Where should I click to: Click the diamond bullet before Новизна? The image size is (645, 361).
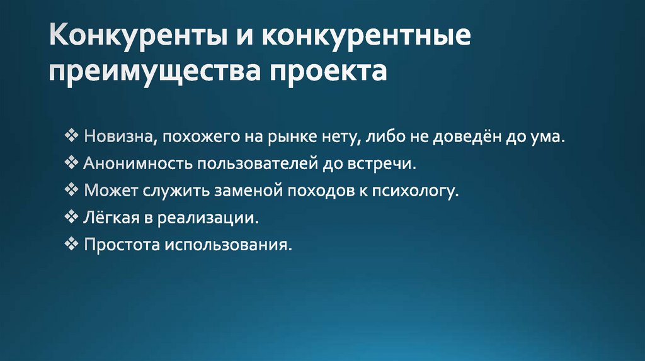[x=71, y=136]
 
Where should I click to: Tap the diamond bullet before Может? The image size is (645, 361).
[x=71, y=190]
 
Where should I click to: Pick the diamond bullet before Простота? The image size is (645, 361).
[x=71, y=243]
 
